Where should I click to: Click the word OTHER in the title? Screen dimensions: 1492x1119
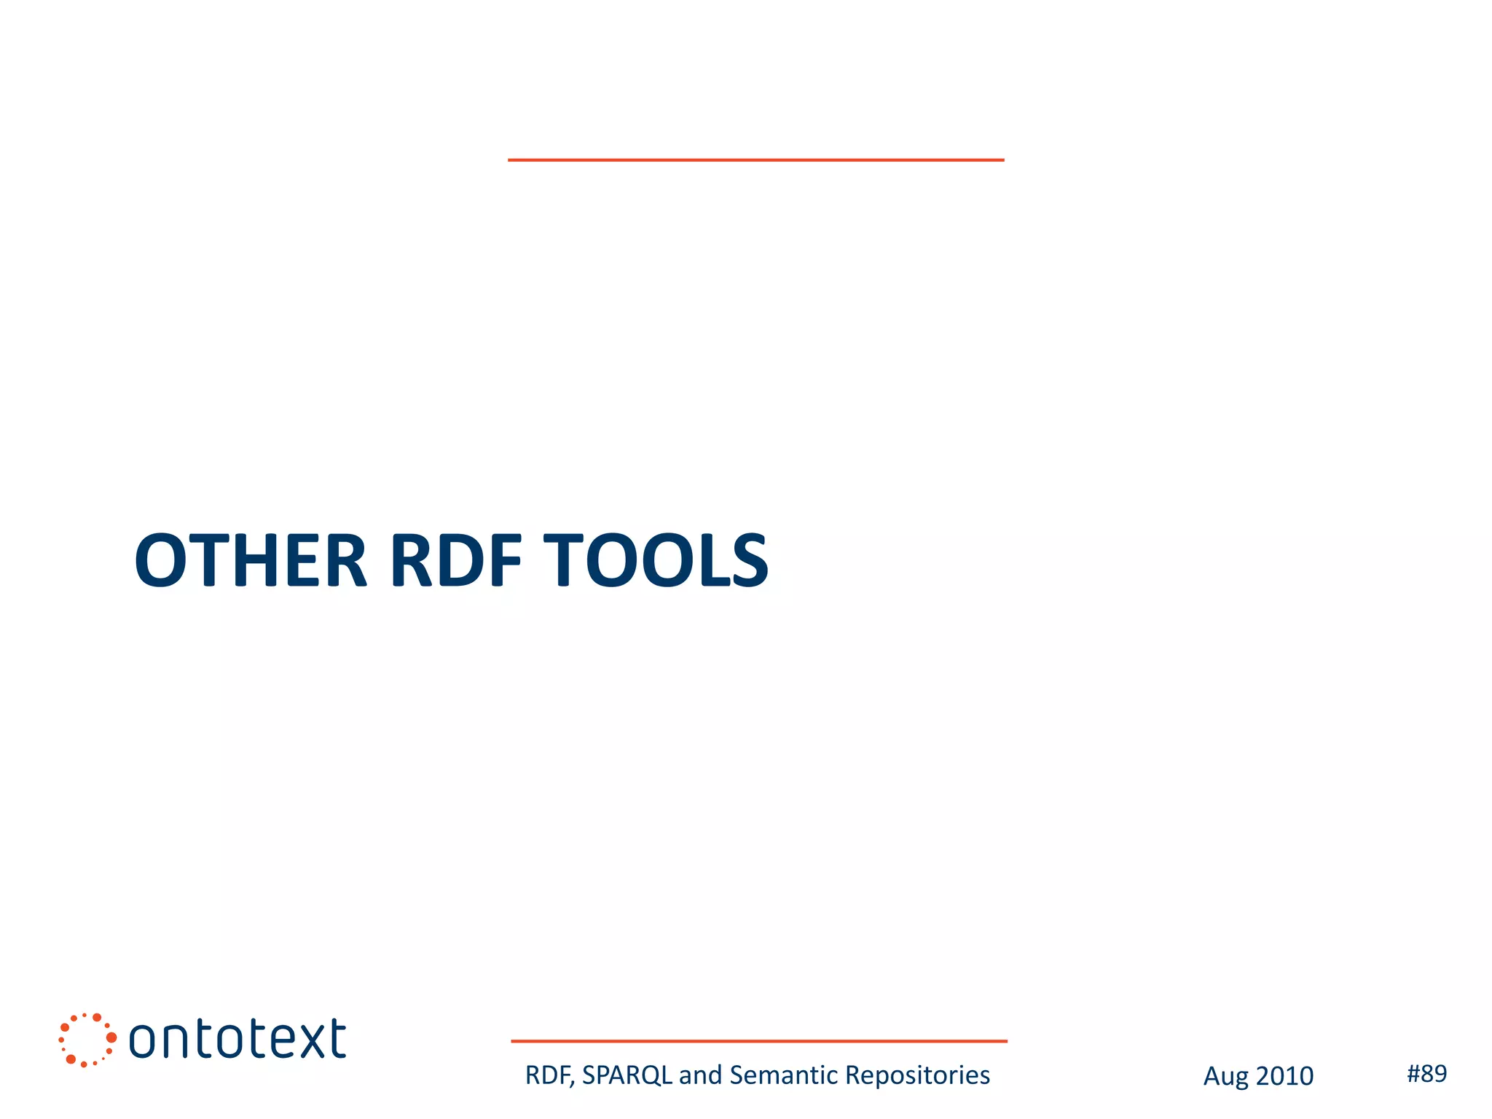250,560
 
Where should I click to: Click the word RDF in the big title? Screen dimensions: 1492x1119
456,560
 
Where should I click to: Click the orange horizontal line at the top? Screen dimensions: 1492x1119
755,160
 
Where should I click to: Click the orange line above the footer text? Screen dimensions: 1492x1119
758,1041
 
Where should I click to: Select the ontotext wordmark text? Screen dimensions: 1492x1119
237,1040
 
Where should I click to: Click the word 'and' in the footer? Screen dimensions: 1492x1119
700,1075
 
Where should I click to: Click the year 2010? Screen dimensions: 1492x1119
1284,1076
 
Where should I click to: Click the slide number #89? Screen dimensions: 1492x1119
1426,1073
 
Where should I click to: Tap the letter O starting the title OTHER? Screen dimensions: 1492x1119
162,560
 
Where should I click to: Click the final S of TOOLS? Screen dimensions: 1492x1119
750,560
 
